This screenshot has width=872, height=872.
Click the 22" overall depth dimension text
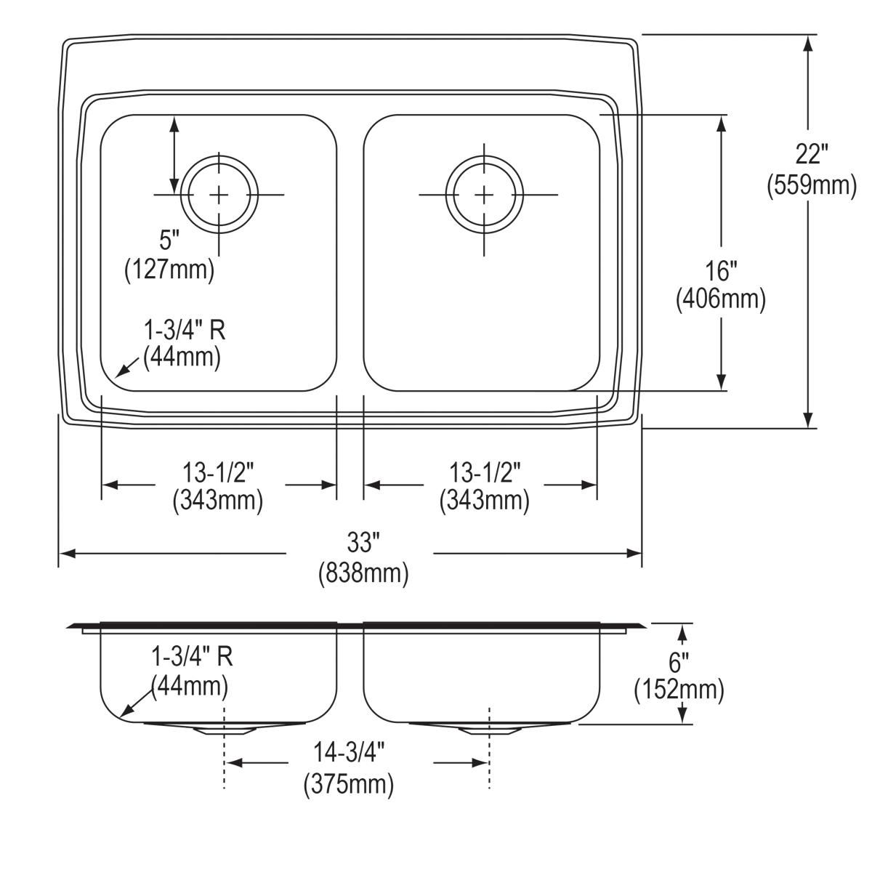point(811,155)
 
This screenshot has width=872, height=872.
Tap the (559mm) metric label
point(812,186)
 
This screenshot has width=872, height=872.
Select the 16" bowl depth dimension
point(721,271)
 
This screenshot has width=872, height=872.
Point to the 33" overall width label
point(363,542)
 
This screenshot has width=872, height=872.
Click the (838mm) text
point(363,574)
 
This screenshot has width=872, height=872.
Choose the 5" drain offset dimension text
point(169,239)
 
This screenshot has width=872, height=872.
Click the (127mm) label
point(169,270)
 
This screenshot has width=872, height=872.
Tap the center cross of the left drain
point(219,194)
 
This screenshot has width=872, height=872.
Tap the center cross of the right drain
point(484,194)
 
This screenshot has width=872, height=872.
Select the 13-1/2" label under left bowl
point(217,473)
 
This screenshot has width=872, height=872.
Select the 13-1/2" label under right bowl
point(484,473)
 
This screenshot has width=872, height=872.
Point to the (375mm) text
point(348,784)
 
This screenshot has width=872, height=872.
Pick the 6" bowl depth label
point(679,662)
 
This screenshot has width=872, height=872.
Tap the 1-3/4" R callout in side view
point(191,657)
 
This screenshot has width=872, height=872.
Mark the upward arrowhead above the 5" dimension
point(174,124)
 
